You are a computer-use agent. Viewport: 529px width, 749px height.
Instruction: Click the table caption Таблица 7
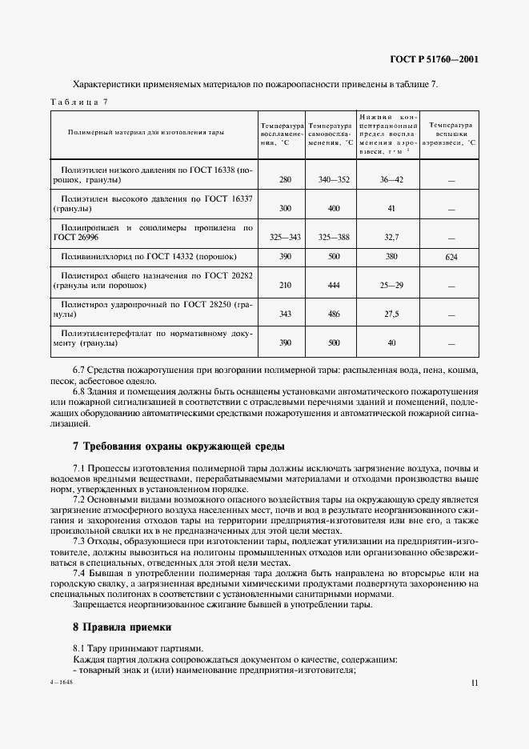(x=78, y=101)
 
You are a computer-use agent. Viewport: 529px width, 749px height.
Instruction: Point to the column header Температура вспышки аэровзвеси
(x=450, y=134)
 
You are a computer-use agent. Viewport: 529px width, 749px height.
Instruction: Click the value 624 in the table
(x=451, y=257)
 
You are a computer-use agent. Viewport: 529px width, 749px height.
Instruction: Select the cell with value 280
(x=285, y=180)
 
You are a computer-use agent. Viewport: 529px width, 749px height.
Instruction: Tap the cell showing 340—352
(x=335, y=180)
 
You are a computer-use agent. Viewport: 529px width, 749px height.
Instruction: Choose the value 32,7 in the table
(x=391, y=237)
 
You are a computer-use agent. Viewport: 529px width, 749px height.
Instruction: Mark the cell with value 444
(x=335, y=286)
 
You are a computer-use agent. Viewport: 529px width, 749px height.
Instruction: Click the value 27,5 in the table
(x=391, y=314)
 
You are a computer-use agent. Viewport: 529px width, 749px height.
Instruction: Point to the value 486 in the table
(x=335, y=314)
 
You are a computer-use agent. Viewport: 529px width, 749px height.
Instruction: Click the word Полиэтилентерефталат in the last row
(x=106, y=333)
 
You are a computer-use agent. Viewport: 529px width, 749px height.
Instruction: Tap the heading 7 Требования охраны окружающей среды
(x=178, y=445)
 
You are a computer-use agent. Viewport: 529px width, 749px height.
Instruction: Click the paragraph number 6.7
(x=79, y=370)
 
